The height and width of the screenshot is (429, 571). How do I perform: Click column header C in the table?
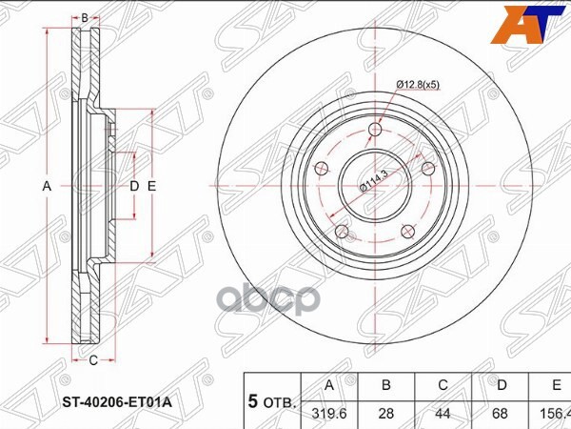(443, 386)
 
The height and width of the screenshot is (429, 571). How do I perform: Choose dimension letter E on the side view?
(150, 187)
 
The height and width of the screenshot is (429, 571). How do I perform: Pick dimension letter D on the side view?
(134, 187)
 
